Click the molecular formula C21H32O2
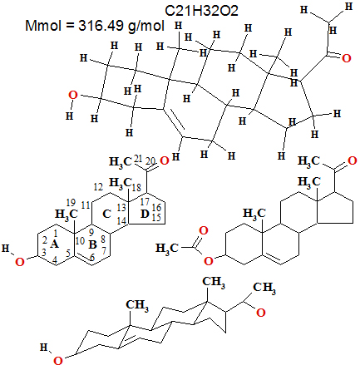click(201, 11)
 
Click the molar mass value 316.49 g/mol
click(121, 26)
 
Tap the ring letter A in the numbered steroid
click(55, 244)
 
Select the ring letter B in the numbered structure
click(92, 244)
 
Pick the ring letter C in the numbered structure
click(106, 214)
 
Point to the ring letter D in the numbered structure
click(145, 214)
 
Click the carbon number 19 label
click(71, 203)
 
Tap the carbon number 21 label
click(138, 159)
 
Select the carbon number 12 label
click(98, 187)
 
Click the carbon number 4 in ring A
click(55, 260)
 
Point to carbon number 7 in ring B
click(104, 250)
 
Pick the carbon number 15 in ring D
click(156, 217)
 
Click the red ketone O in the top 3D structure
click(346, 58)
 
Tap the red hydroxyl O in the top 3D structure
click(73, 95)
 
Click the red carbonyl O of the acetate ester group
click(204, 230)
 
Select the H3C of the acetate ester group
click(167, 248)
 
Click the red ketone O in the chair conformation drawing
click(261, 313)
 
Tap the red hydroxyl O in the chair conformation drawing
click(58, 361)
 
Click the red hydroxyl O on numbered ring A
click(20, 262)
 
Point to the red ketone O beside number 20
click(165, 160)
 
